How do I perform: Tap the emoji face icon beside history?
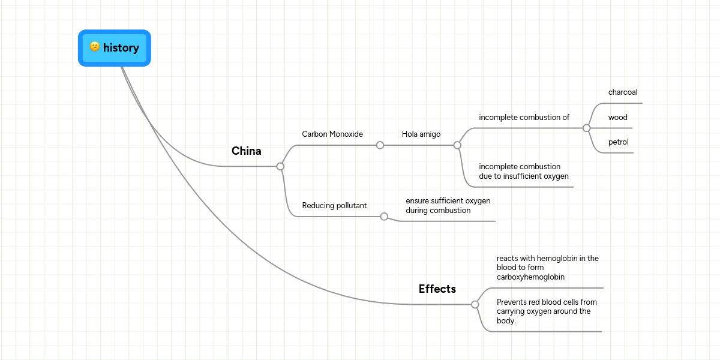click(x=95, y=47)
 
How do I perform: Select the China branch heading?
click(x=246, y=151)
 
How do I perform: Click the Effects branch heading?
click(x=437, y=289)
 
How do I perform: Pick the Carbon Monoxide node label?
click(x=332, y=134)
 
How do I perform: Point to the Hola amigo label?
click(x=421, y=134)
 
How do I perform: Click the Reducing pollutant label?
click(x=334, y=206)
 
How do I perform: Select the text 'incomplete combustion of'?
click(x=524, y=118)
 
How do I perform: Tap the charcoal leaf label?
click(x=622, y=92)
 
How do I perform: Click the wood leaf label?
click(x=617, y=118)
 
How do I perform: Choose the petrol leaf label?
click(x=618, y=142)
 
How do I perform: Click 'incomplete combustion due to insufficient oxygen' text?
click(x=523, y=172)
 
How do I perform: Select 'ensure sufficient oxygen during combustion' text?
click(x=448, y=206)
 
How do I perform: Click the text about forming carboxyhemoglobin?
click(x=547, y=268)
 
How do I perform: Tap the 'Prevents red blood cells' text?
click(x=547, y=311)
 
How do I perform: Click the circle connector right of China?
click(x=280, y=166)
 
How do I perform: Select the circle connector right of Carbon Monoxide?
click(x=380, y=145)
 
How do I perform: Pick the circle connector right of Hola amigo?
click(x=457, y=145)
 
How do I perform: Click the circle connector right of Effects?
click(x=475, y=304)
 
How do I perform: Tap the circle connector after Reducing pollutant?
click(x=384, y=217)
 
